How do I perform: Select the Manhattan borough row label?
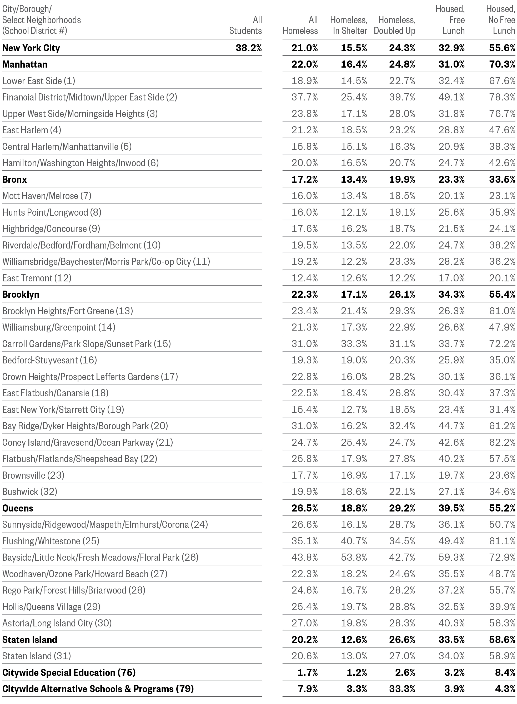(x=25, y=64)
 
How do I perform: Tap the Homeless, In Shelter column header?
(x=349, y=25)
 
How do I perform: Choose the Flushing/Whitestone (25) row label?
(x=51, y=541)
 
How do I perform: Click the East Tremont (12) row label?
(x=37, y=278)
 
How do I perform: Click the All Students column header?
(x=245, y=25)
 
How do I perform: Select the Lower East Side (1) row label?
(x=39, y=81)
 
